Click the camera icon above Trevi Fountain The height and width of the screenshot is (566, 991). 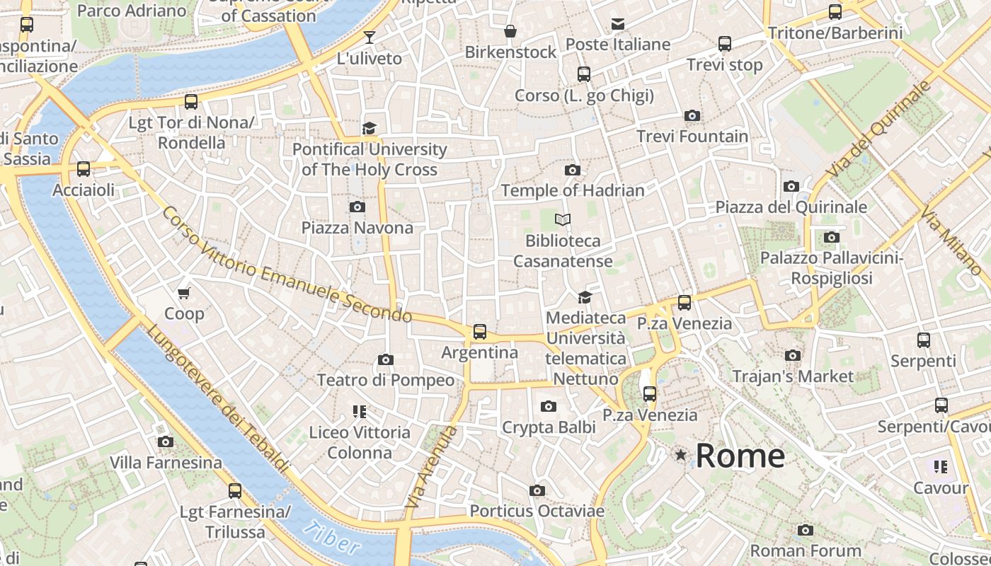click(692, 115)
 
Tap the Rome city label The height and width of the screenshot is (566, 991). click(740, 456)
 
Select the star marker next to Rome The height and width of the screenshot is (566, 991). click(681, 455)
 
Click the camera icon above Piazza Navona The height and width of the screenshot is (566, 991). click(357, 207)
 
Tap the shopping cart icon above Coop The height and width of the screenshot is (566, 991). click(184, 293)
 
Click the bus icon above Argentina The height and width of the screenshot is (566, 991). click(480, 331)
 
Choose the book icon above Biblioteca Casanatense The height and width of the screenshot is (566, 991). click(563, 220)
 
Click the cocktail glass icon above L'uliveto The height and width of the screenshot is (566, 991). click(369, 37)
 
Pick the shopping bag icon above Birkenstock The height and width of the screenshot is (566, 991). click(510, 31)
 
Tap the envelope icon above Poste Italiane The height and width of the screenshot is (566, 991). click(618, 24)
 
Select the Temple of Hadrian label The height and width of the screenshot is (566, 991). click(573, 190)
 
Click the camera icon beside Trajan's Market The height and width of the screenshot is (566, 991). click(793, 355)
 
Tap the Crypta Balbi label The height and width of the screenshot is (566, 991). click(548, 427)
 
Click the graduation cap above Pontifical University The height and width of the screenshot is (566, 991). click(369, 128)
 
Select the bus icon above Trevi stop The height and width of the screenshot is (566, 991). click(725, 44)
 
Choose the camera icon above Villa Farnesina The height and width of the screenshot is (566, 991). click(166, 442)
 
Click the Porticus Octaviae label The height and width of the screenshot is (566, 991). click(537, 511)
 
